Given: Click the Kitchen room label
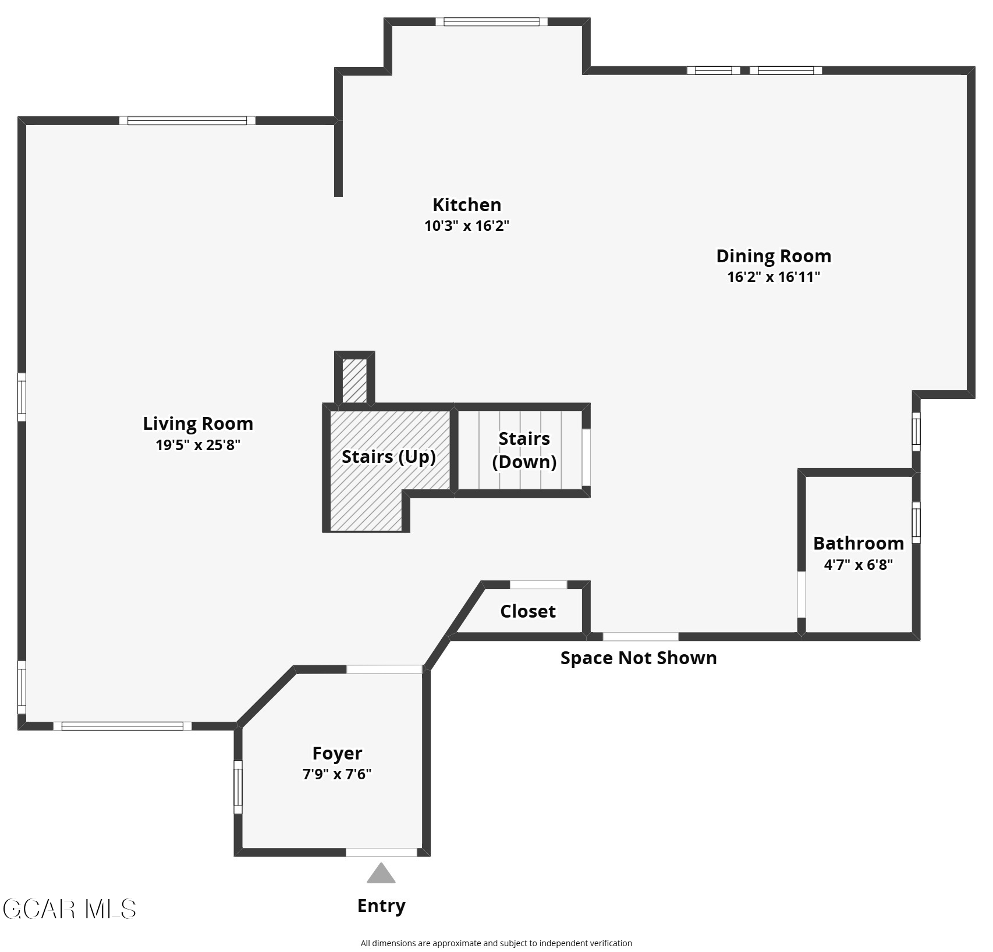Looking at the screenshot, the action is (466, 205).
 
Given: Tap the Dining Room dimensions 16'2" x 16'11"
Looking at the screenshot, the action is (774, 277).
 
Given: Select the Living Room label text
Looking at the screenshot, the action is (198, 423).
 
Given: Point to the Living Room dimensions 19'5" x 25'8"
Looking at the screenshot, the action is (198, 445).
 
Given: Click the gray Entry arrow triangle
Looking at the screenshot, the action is (381, 873).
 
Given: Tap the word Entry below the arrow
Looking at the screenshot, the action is (381, 905).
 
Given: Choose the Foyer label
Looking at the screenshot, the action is (337, 753).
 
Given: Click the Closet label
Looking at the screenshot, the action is (528, 611).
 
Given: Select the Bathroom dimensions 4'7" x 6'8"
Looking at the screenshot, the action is (859, 564).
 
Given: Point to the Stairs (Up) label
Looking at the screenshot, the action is (389, 457).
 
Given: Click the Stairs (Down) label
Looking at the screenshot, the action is (524, 450).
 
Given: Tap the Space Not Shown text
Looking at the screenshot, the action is (639, 658).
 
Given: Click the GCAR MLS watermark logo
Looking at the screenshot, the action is (70, 909).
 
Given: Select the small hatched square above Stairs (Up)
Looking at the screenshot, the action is (354, 380).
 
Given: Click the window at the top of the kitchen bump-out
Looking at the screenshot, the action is (492, 22).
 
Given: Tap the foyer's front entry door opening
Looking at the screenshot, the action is (382, 853).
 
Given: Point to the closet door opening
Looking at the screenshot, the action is (538, 584).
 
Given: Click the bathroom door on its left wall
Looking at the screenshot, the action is (802, 594).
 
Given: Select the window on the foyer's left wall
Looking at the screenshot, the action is (237, 787).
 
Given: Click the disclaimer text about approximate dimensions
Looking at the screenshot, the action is (496, 943).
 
